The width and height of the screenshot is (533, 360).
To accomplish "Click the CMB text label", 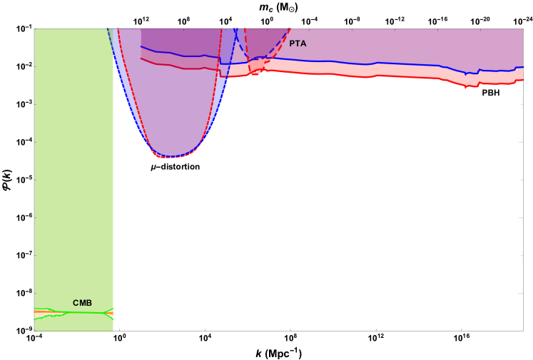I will point(82,303).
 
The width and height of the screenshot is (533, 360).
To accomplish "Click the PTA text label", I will point(298,43).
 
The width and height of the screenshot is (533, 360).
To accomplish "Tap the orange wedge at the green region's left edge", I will point(37,314).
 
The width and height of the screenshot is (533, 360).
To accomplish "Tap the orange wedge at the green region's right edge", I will point(110,314).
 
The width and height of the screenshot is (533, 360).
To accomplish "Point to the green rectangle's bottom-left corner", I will point(35,330).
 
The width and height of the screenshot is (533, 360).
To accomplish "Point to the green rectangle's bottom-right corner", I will point(113,330).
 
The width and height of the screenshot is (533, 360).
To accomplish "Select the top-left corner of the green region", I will point(35,29).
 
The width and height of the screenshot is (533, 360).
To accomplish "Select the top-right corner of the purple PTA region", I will point(522,29).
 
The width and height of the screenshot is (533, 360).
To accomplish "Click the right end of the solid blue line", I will point(522,68).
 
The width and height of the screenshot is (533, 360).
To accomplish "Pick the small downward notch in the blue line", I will point(466,73).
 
